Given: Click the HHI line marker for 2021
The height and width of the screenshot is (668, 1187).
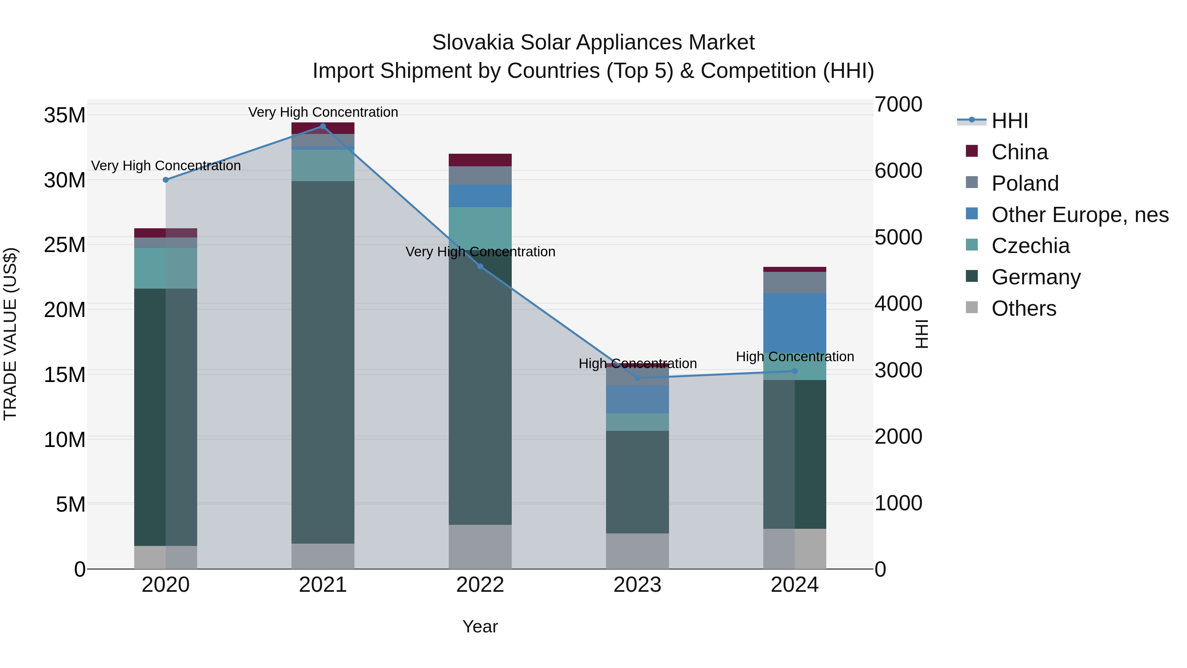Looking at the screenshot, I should tap(322, 126).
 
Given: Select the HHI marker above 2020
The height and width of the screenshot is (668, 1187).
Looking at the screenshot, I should tap(166, 180).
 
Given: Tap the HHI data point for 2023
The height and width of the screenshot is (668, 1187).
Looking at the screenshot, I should tap(638, 378).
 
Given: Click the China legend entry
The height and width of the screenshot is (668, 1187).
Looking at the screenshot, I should tap(1019, 152).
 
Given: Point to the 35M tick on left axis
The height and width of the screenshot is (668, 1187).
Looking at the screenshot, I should tap(65, 115).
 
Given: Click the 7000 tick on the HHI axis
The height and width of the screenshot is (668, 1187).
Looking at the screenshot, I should tap(898, 104).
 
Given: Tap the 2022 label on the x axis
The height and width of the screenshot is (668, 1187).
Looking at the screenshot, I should tap(480, 585).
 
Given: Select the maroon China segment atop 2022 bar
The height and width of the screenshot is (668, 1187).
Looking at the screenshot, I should tap(480, 160).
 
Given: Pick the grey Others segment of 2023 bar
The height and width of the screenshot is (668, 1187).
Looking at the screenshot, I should tap(637, 551).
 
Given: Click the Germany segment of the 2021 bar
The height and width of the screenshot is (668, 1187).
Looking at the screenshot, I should tap(322, 362).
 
